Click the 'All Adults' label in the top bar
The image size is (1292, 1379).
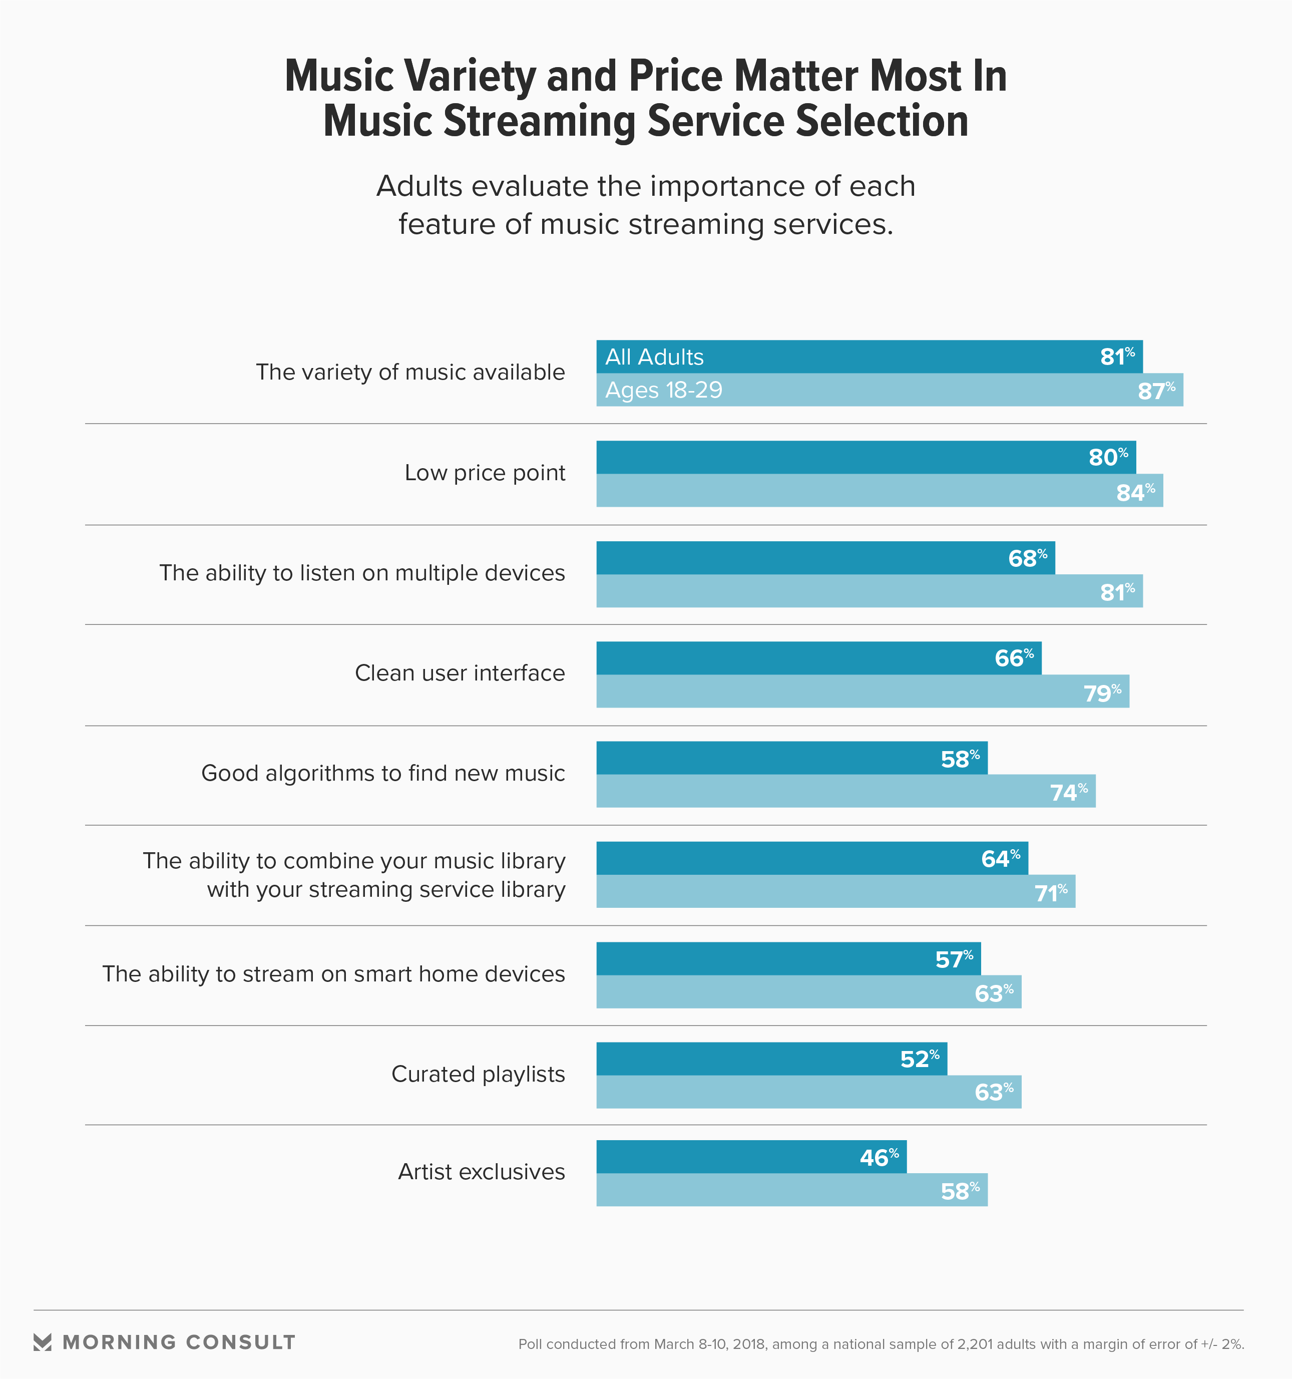coord(654,357)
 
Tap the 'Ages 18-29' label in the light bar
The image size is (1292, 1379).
coord(664,391)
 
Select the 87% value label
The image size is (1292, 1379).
coord(1156,391)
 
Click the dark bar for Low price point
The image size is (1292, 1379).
coord(832,458)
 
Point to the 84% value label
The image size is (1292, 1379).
coord(1135,493)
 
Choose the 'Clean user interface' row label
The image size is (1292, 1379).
coord(460,673)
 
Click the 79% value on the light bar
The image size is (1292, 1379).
coord(1102,693)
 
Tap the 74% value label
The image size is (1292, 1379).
coord(1069,792)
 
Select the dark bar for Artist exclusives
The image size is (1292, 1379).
coord(728,1158)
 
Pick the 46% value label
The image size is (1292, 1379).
coord(879,1158)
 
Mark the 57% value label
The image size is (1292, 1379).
coord(954,960)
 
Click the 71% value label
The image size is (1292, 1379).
coord(1051,893)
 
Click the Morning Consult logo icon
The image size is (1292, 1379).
coord(43,1342)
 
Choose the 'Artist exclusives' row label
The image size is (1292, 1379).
coord(481,1172)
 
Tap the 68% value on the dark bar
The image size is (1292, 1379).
coord(1027,558)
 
